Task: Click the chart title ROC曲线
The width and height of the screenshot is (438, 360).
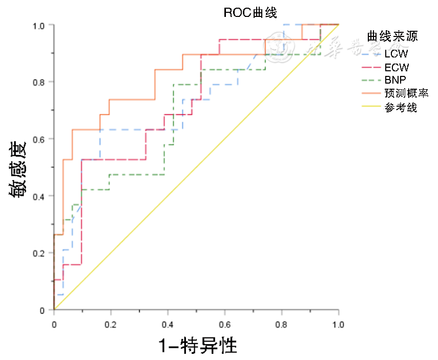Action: click(250, 13)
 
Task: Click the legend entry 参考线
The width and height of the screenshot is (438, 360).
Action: click(400, 107)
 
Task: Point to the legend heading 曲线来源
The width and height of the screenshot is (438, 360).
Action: click(392, 36)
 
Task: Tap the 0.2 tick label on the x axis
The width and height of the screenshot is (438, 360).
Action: click(111, 325)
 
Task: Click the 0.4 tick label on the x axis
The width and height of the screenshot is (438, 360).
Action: click(168, 325)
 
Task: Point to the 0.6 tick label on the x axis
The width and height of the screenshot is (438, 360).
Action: click(224, 325)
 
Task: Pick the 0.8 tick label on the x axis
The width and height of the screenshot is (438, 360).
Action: click(281, 325)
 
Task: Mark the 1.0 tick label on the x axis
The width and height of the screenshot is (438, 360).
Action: click(338, 325)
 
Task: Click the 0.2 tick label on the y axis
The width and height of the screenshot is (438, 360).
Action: click(40, 253)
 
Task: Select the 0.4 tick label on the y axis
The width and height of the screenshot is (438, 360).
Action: click(40, 196)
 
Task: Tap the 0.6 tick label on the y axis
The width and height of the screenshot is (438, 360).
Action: click(40, 139)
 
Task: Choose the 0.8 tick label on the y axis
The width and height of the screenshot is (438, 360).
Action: click(40, 82)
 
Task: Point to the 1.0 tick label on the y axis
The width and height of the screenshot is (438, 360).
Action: click(40, 25)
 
